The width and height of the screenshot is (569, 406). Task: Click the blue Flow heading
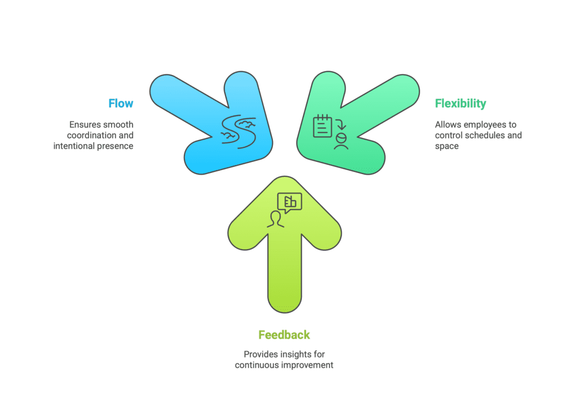pyautogui.click(x=121, y=103)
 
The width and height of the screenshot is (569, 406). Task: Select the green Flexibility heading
pyautogui.click(x=461, y=103)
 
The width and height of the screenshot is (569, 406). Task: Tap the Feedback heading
pyautogui.click(x=284, y=335)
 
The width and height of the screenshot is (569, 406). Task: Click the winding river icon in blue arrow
pyautogui.click(x=238, y=132)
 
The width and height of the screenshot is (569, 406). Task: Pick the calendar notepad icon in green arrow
pyautogui.click(x=323, y=126)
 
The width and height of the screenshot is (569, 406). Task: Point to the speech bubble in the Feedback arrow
pyautogui.click(x=290, y=202)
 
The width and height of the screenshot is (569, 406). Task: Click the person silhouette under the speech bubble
pyautogui.click(x=276, y=220)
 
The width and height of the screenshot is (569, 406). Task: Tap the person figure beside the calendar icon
pyautogui.click(x=341, y=142)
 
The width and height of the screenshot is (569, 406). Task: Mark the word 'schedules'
pyautogui.click(x=485, y=136)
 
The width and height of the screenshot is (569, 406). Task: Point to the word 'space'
pyautogui.click(x=447, y=147)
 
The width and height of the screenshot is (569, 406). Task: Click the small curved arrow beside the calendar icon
pyautogui.click(x=341, y=124)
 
